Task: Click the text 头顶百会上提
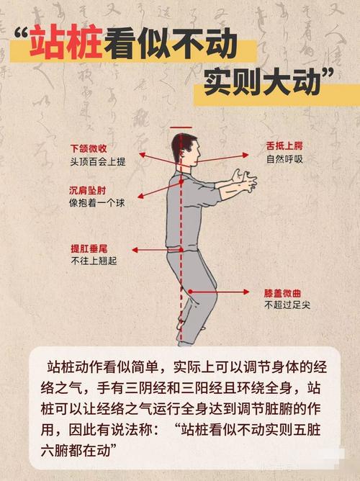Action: [x=97, y=162]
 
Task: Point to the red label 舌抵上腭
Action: [x=283, y=146]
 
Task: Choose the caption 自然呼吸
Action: [x=284, y=159]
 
